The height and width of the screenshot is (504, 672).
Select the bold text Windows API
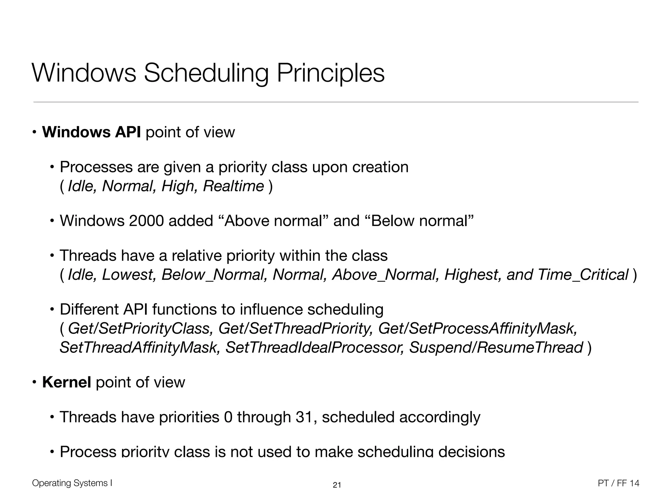click(92, 132)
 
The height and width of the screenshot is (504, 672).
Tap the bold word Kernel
click(67, 382)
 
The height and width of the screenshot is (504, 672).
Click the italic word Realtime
click(233, 186)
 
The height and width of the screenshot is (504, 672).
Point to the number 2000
click(146, 221)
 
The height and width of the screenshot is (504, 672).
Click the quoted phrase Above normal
click(273, 221)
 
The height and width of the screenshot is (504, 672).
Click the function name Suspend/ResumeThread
click(496, 347)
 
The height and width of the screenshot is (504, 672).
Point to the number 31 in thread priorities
click(306, 417)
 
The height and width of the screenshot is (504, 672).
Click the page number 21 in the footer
click(337, 485)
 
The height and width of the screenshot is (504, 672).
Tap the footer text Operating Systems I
click(72, 483)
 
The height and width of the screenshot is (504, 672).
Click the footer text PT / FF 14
click(619, 483)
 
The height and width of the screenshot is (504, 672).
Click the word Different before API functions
click(89, 309)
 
